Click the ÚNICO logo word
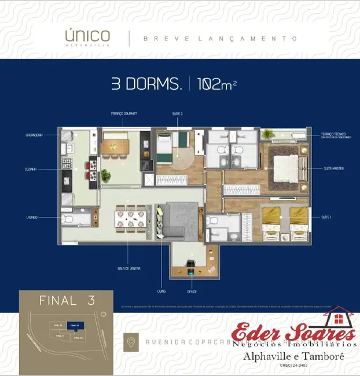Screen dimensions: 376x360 pyautogui.click(x=87, y=35)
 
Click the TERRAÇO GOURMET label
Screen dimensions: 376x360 pyautogui.click(x=124, y=114)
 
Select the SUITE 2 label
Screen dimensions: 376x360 pyautogui.click(x=177, y=114)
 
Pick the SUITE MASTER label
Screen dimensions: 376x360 pyautogui.click(x=334, y=168)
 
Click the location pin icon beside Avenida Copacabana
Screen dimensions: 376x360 pyautogui.click(x=131, y=342)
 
